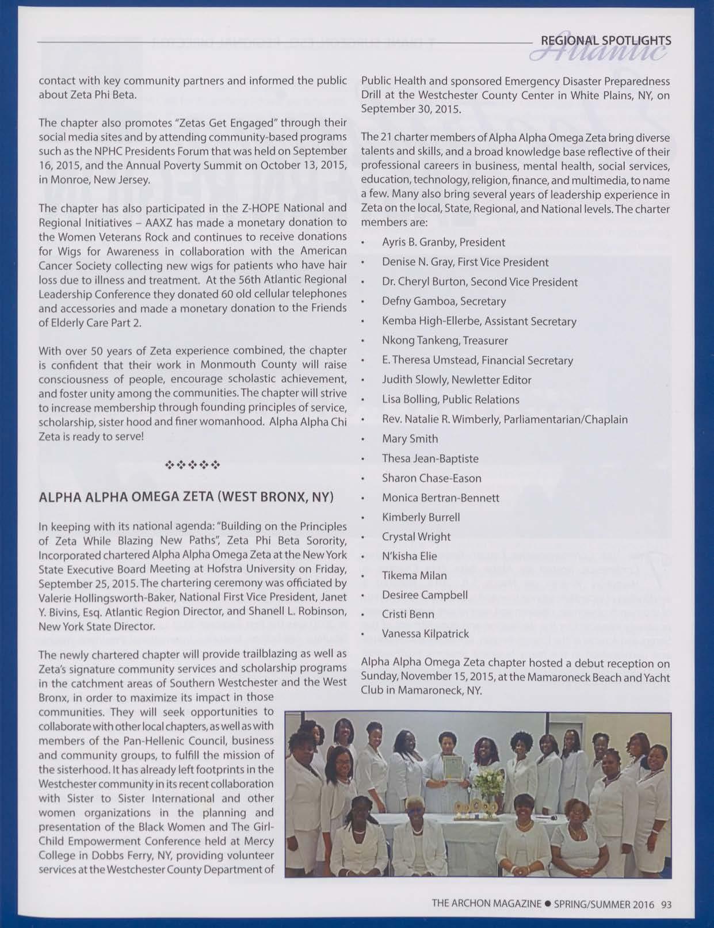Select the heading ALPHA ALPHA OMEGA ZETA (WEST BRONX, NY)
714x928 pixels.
[x=186, y=497]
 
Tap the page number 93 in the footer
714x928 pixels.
[x=666, y=904]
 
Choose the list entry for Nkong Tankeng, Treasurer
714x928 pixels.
[x=445, y=341]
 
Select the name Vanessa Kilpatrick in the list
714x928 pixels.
[x=425, y=634]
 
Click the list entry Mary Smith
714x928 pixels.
[x=410, y=438]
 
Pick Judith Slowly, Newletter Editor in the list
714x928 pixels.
[x=456, y=380]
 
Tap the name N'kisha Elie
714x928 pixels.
[x=409, y=556]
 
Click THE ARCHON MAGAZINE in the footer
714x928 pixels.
[x=486, y=904]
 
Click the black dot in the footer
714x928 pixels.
[x=547, y=904]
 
